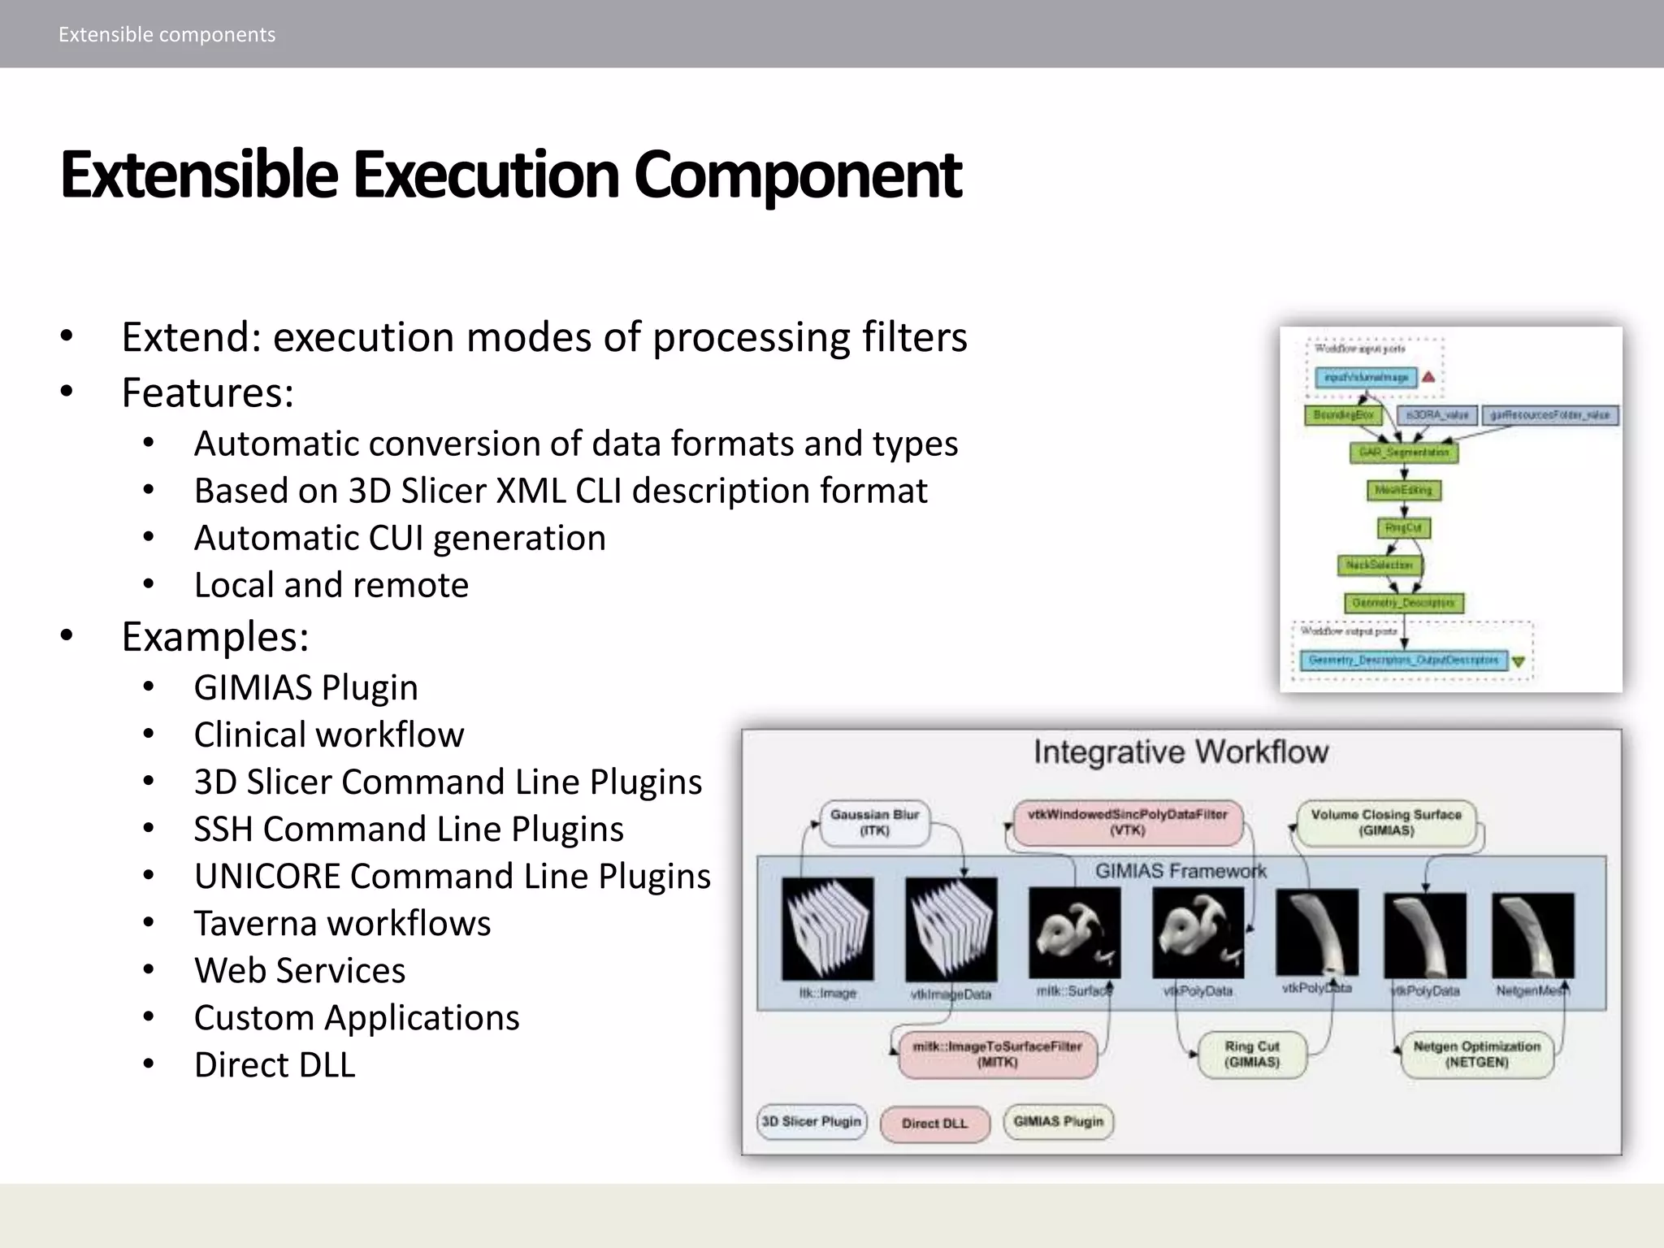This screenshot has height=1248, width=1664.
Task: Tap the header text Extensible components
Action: click(x=167, y=34)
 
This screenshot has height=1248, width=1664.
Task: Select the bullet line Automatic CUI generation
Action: click(x=400, y=538)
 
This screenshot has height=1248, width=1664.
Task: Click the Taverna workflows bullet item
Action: click(x=342, y=923)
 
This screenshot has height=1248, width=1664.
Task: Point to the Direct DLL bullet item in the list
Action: click(x=275, y=1064)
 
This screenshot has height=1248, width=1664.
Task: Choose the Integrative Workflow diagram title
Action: click(x=1181, y=752)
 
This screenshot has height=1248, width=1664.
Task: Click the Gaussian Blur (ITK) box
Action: click(x=874, y=822)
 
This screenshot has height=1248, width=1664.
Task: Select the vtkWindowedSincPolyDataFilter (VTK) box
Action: click(x=1127, y=822)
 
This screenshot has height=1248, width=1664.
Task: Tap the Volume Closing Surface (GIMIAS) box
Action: click(x=1386, y=822)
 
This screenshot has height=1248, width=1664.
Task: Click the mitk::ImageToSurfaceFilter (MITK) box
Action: click(x=997, y=1055)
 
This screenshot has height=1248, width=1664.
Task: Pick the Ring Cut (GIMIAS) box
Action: click(x=1252, y=1055)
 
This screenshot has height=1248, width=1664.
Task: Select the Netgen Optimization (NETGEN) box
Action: click(x=1476, y=1055)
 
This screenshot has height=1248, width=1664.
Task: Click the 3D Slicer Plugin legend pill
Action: click(x=812, y=1122)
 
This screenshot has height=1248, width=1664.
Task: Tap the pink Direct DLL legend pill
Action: click(x=934, y=1124)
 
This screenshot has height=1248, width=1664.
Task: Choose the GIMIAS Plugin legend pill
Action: click(x=1058, y=1122)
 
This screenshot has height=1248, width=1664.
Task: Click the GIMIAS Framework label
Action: click(x=1181, y=871)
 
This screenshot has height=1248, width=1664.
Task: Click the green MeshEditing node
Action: click(x=1403, y=490)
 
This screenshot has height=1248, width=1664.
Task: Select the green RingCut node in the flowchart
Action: click(x=1403, y=528)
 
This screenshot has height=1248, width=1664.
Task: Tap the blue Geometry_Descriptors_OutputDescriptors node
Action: click(x=1403, y=661)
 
